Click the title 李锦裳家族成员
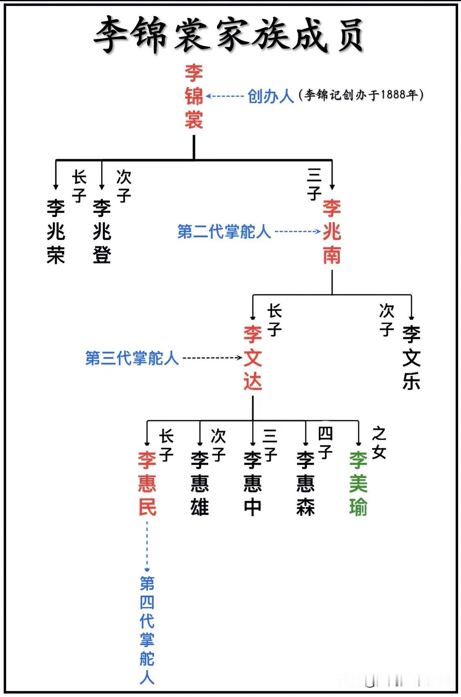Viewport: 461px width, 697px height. [229, 35]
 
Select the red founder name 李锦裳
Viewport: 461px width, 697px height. [193, 96]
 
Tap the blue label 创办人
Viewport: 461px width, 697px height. [271, 96]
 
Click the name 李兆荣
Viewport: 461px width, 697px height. [56, 232]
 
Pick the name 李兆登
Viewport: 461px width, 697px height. [102, 232]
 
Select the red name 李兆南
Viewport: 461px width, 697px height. [332, 232]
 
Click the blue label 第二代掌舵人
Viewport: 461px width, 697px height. [224, 232]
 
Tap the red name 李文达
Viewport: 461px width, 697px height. [253, 358]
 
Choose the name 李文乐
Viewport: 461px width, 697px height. [411, 358]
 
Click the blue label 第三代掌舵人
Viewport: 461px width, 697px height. [132, 358]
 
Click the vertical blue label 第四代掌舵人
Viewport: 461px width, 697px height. [147, 630]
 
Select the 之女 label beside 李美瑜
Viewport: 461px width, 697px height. [379, 443]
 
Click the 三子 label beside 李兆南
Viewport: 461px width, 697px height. [314, 184]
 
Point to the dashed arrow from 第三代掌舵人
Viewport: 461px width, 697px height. [212, 358]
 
